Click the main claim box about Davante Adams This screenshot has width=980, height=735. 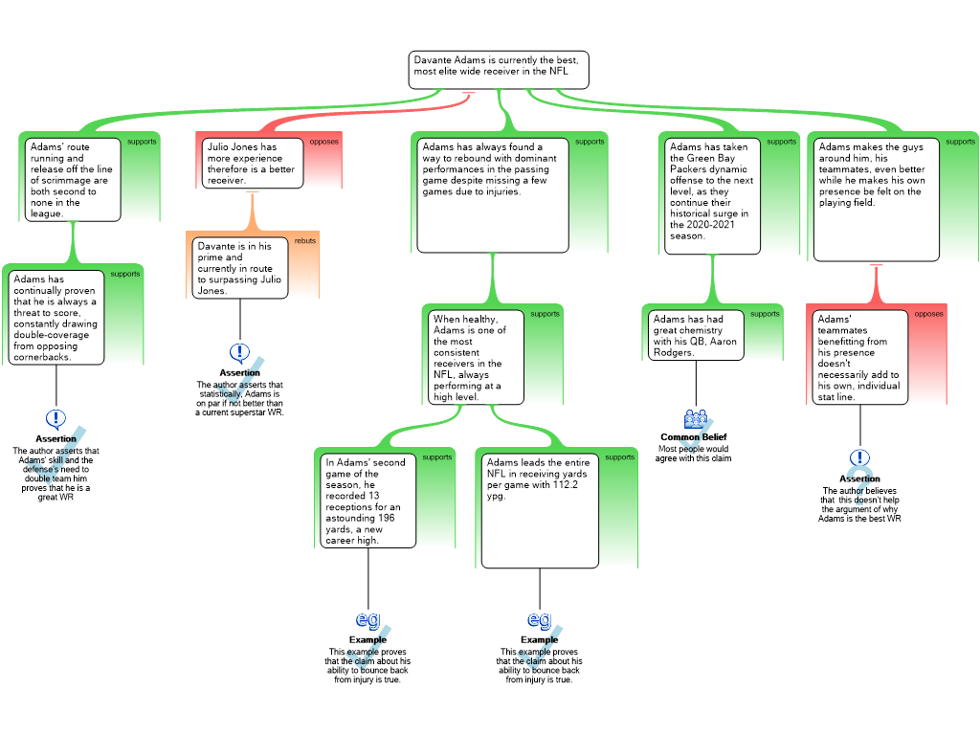click(498, 70)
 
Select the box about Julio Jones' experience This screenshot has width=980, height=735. click(253, 163)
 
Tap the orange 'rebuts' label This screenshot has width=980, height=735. click(305, 240)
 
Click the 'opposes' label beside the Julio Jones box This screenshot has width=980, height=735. click(323, 142)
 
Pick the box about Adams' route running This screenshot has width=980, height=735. click(73, 180)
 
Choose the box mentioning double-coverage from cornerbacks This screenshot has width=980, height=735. click(56, 318)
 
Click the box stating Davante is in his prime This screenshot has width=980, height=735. click(240, 268)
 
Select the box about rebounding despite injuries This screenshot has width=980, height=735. click(493, 195)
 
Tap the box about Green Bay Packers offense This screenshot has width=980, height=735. click(712, 196)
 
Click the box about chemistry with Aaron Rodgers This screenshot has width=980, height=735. click(696, 336)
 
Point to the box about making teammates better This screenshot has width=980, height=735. click(877, 199)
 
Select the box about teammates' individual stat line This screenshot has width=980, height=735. click(859, 358)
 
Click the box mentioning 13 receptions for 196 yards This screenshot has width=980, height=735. click(368, 501)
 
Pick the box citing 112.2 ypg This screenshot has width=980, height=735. click(540, 511)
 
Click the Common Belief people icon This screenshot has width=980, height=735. click(696, 419)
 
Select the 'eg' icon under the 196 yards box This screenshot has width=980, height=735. click(367, 619)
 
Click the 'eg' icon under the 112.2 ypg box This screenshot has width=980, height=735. click(540, 619)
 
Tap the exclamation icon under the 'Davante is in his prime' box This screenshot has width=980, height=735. click(240, 353)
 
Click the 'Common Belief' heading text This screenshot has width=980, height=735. click(694, 436)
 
